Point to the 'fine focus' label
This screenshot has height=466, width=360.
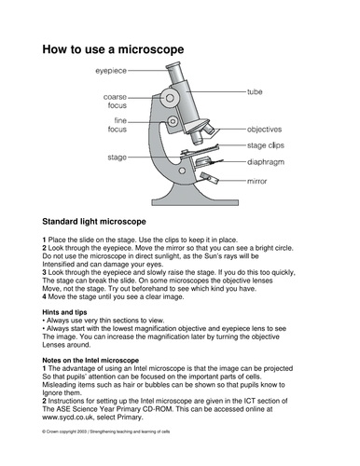coord(114,124)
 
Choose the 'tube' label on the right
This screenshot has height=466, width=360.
coord(254,92)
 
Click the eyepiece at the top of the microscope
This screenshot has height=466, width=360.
coord(178,71)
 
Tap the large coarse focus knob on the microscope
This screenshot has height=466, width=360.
coord(171,97)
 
